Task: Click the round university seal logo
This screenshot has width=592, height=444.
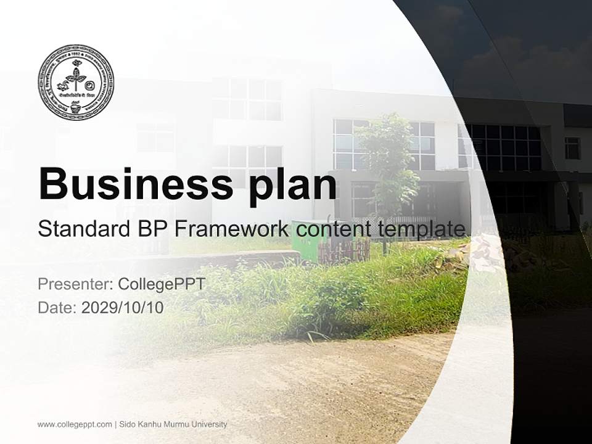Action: [x=76, y=82]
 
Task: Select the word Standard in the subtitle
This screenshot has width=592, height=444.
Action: [x=82, y=229]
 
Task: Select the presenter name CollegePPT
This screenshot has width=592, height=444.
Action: [x=161, y=284]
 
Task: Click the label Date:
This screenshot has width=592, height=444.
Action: [x=57, y=308]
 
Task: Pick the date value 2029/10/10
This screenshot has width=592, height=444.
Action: [x=123, y=308]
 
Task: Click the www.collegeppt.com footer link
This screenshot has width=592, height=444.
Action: [x=75, y=424]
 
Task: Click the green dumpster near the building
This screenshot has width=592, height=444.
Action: [x=308, y=241]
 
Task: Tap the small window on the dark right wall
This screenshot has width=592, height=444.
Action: [x=572, y=148]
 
